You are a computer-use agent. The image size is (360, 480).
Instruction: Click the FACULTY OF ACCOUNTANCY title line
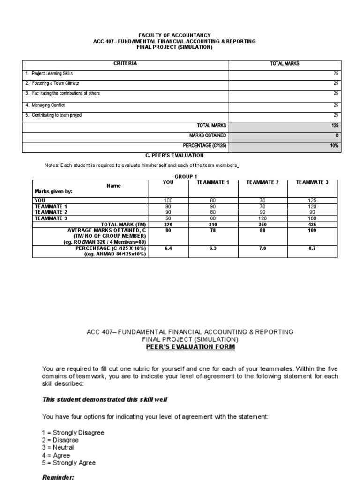pos(174,35)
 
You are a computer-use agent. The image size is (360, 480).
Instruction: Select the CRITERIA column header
pos(126,63)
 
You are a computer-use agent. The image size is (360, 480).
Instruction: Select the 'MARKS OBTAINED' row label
pos(208,135)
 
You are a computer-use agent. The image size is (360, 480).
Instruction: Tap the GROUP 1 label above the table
pos(186,176)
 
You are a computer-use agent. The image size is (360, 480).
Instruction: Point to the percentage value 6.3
pos(213,248)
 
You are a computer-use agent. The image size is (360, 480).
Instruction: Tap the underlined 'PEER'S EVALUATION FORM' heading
pos(190,347)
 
